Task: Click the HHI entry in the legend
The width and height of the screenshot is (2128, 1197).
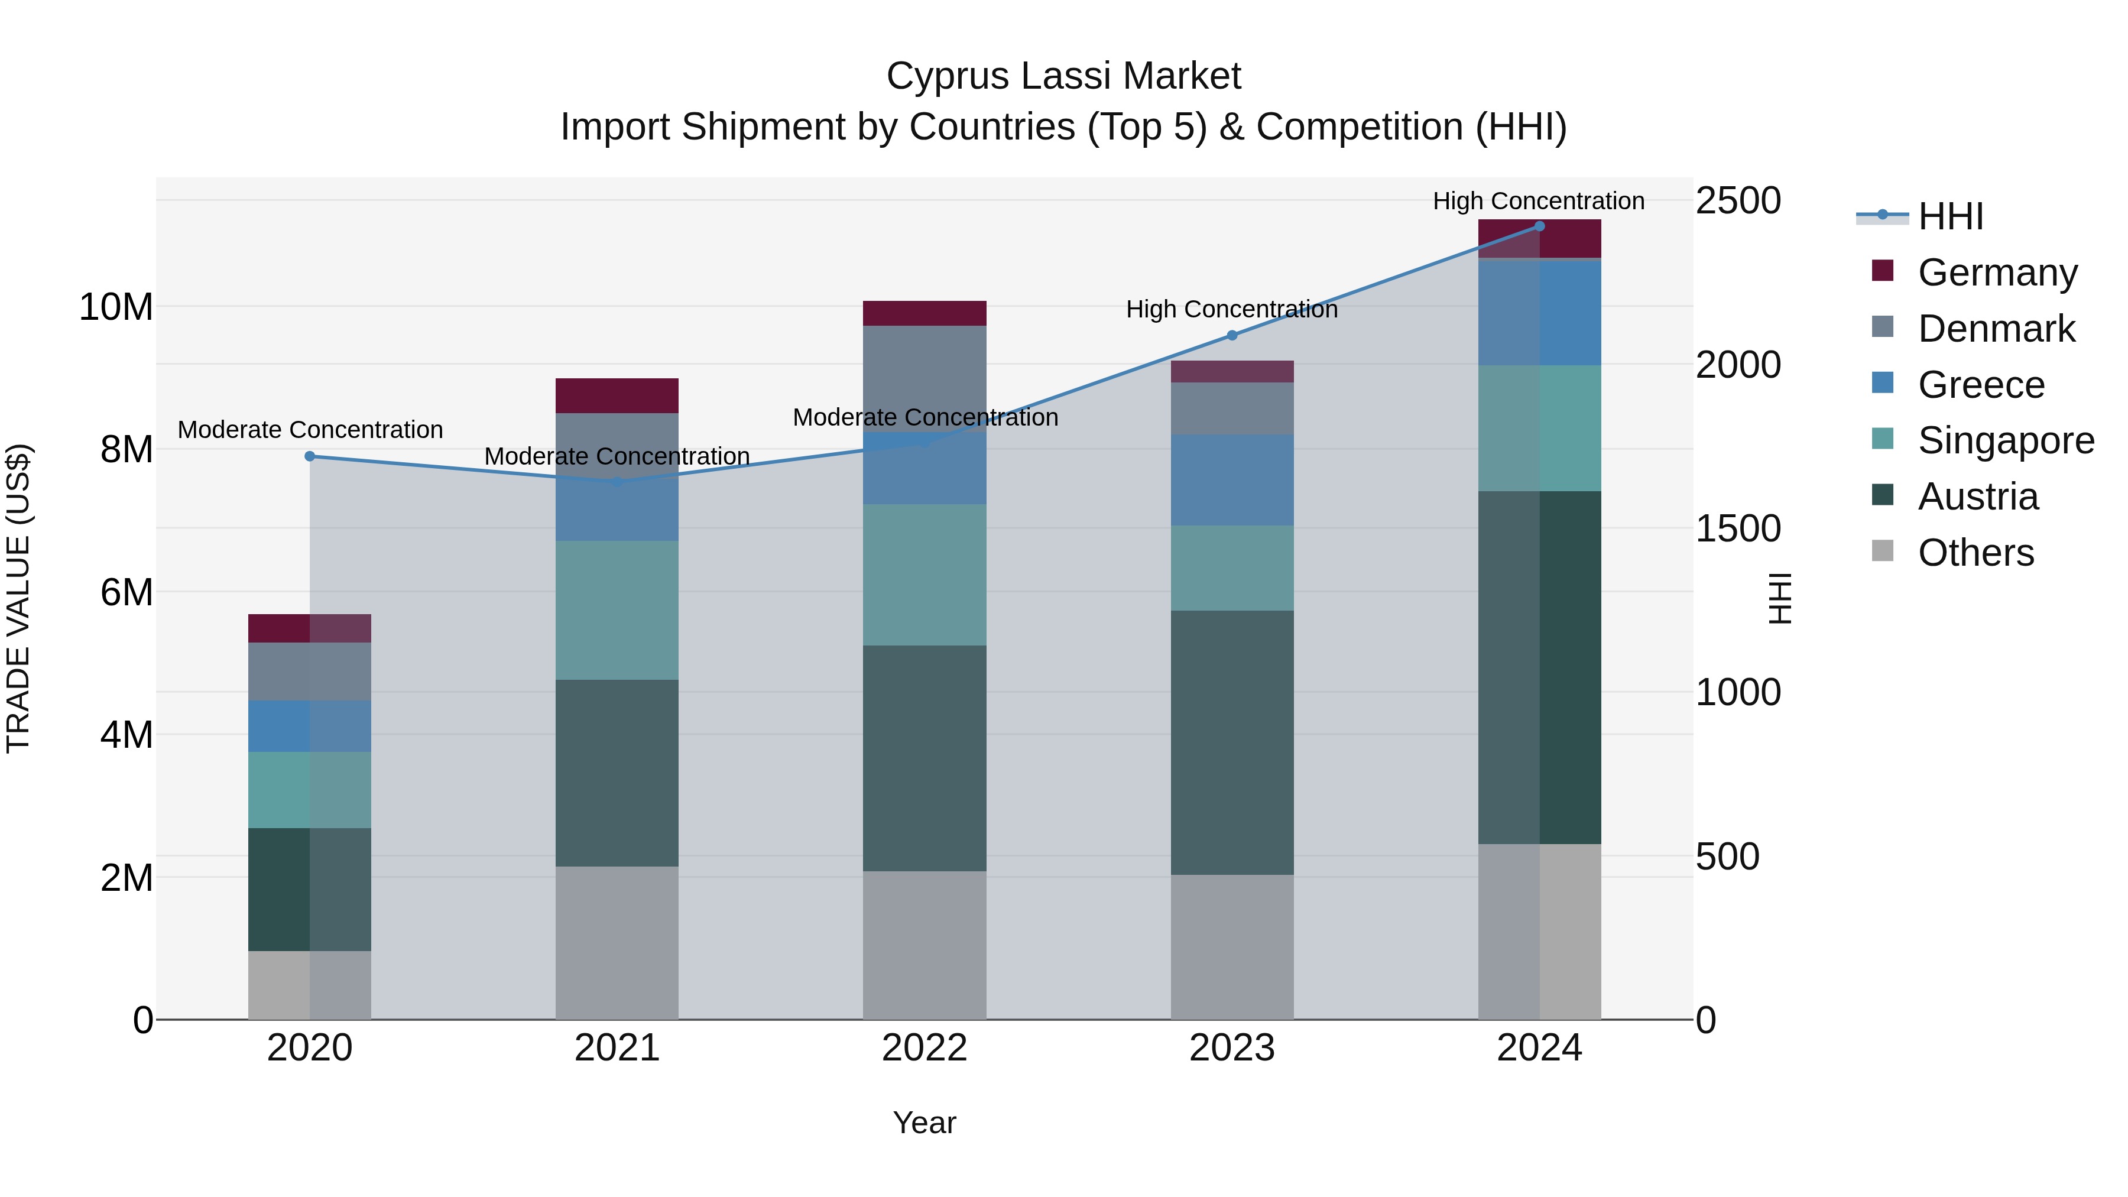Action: [1949, 216]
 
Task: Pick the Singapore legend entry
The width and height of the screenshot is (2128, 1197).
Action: [2005, 440]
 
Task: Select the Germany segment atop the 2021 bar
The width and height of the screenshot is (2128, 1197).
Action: [617, 395]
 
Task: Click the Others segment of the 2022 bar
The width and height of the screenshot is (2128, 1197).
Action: [924, 945]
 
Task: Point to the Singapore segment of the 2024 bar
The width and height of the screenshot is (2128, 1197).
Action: [1539, 428]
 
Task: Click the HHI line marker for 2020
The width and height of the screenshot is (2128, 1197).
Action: [310, 456]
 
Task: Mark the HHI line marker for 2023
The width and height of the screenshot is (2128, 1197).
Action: [1232, 335]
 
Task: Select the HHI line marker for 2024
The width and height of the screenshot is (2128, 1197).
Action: [1539, 226]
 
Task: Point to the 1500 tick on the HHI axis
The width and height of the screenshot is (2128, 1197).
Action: [1737, 528]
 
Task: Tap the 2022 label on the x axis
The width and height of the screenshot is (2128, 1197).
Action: [924, 1048]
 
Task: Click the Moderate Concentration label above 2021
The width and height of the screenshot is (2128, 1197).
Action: [617, 456]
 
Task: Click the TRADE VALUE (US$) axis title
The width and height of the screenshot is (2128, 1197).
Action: [18, 598]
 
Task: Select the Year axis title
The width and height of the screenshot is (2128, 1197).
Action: [924, 1123]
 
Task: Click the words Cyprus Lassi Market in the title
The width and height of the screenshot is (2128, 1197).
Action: [1063, 76]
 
